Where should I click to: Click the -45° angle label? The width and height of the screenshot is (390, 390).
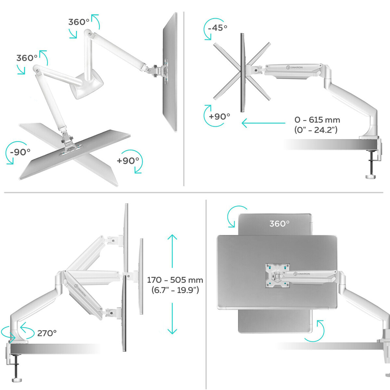click(x=217, y=28)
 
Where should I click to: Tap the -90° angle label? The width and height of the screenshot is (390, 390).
click(x=20, y=152)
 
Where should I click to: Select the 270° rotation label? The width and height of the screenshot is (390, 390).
click(x=47, y=333)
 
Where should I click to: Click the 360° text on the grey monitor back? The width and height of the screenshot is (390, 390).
click(x=279, y=224)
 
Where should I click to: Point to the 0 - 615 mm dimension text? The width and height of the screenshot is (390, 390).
click(x=317, y=120)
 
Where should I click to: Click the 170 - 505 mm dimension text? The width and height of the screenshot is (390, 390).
click(x=175, y=280)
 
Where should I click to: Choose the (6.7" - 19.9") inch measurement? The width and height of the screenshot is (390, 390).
click(x=175, y=290)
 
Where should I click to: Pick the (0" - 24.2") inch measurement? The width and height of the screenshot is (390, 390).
click(x=316, y=130)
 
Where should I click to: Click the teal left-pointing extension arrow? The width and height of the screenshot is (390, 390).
click(x=263, y=123)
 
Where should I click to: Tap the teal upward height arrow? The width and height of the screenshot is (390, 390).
click(x=172, y=251)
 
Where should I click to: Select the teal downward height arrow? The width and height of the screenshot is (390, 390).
click(x=172, y=318)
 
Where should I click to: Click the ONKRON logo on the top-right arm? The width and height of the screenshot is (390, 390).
click(x=295, y=67)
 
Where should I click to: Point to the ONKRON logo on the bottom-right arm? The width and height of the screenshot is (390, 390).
click(x=302, y=274)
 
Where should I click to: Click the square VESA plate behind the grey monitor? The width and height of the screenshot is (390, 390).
click(x=277, y=276)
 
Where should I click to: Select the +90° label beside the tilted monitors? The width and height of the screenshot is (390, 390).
click(x=219, y=116)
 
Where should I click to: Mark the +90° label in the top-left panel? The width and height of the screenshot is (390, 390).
click(x=128, y=160)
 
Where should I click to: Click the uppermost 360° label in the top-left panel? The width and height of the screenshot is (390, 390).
click(x=79, y=22)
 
